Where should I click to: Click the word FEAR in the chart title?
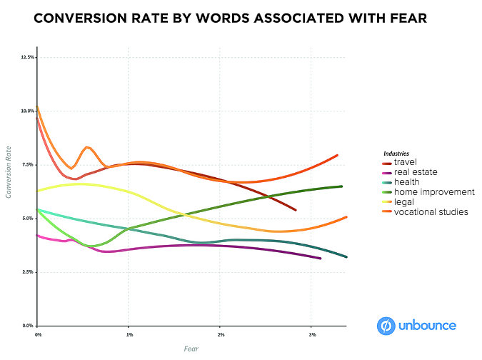(405, 19)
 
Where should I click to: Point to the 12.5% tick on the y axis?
(28, 57)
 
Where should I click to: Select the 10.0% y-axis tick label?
(28, 111)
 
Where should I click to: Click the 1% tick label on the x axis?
(129, 334)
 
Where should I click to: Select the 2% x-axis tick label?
(221, 334)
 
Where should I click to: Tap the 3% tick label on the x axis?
(312, 334)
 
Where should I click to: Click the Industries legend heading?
(396, 153)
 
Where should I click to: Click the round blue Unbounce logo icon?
(386, 326)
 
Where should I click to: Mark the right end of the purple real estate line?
(320, 259)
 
